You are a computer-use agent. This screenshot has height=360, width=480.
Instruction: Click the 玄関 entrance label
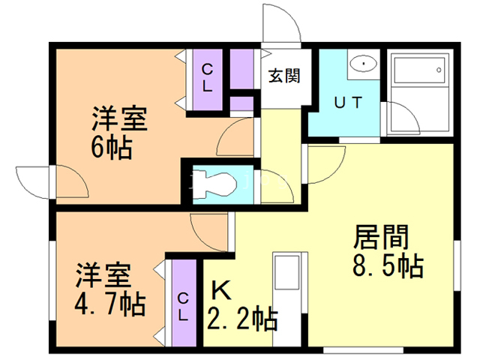pyautogui.click(x=284, y=76)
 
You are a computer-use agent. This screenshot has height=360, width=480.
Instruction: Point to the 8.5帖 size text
pyautogui.click(x=385, y=265)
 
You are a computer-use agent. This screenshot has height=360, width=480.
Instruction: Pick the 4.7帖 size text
pyautogui.click(x=110, y=304)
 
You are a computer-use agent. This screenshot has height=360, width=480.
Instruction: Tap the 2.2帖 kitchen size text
pyautogui.click(x=241, y=319)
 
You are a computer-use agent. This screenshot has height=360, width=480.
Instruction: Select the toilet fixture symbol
pyautogui.click(x=220, y=183)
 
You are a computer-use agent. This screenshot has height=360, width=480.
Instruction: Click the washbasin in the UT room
pyautogui.click(x=364, y=64)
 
